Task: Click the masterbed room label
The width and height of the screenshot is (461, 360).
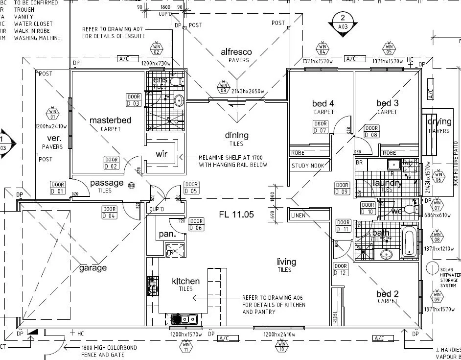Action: [x=111, y=120]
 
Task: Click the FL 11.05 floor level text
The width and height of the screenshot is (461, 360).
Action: [x=236, y=214]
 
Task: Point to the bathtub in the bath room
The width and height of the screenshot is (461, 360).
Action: [x=409, y=241]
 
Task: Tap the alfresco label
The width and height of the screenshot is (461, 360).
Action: [x=236, y=52]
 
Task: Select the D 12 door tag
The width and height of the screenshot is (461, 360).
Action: [x=340, y=269]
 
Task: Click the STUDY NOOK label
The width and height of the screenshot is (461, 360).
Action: [x=308, y=166]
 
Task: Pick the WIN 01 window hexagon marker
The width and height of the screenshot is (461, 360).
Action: [x=52, y=113]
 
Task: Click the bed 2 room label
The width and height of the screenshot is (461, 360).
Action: [x=388, y=294]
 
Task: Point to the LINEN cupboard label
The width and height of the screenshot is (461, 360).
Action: [x=298, y=215]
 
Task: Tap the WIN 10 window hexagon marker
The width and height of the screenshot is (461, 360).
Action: [x=282, y=347]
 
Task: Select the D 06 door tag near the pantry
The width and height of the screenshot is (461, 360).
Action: [x=196, y=224]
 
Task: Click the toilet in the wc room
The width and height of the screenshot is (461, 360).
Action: [x=410, y=210]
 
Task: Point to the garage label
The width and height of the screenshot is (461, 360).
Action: [x=93, y=268]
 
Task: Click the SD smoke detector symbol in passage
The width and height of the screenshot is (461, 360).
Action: [x=131, y=185]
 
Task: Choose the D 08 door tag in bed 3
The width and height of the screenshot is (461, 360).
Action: [x=372, y=131]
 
